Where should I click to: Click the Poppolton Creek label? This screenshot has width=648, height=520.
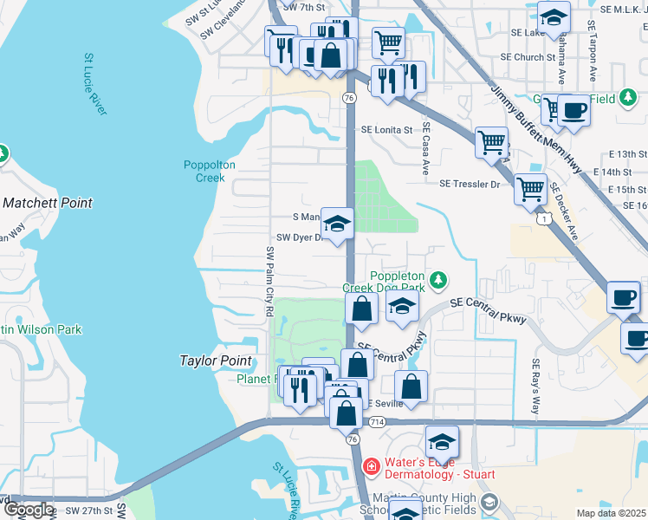[x=204, y=172]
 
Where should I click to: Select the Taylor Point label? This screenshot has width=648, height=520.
[x=216, y=361]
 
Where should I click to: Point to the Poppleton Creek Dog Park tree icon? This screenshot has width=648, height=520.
[x=440, y=279]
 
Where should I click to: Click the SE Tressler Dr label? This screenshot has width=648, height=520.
[x=470, y=184]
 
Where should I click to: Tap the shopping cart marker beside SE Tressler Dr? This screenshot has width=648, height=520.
[x=529, y=187]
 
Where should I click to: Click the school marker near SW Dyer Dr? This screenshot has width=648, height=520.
[x=337, y=223]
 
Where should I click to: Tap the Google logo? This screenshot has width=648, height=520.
[x=29, y=510]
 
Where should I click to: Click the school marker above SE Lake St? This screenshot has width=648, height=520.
[x=553, y=16]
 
